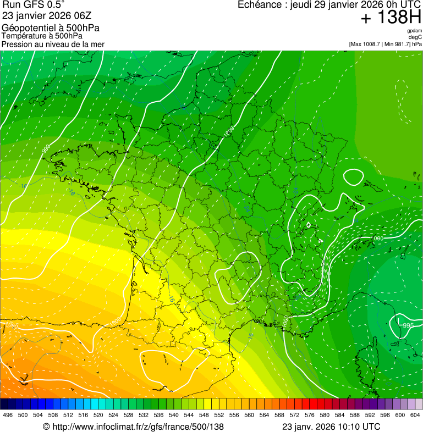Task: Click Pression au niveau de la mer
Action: tap(53, 44)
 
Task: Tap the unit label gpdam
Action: tap(414, 31)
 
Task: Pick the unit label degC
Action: tap(415, 37)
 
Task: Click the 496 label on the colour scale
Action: tap(8, 416)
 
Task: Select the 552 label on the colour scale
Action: tap(218, 416)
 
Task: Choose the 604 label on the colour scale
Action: tap(415, 416)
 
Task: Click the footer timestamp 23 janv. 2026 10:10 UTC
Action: tap(331, 427)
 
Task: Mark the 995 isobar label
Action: tap(408, 326)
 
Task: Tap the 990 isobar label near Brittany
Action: tap(46, 148)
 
